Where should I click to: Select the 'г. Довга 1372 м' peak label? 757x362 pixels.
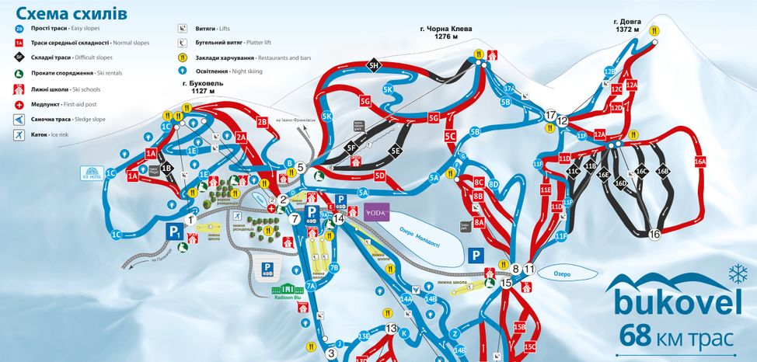(626, 25)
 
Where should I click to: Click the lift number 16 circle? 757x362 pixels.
(654, 234)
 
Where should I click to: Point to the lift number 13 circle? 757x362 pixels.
(391, 329)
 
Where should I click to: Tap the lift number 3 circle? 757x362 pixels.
(331, 353)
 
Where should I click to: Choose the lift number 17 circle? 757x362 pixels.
(551, 115)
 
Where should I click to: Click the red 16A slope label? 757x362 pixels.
(699, 161)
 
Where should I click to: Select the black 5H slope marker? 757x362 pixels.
(373, 65)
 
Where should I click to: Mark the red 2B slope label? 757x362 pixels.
(262, 121)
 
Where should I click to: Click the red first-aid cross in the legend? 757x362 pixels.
(19, 104)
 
